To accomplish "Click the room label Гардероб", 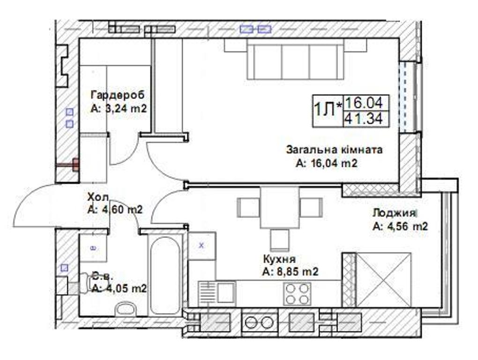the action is [117, 95].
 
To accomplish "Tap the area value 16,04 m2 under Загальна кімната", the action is [327, 164].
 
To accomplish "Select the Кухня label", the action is [279, 259].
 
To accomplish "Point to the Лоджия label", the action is [394, 213].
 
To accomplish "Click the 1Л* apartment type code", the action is [328, 110].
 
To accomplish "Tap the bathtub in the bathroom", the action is [165, 275].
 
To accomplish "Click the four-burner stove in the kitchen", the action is [297, 294].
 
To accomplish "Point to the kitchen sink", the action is [217, 294].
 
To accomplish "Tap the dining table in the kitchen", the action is [280, 207].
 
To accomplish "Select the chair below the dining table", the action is [280, 240].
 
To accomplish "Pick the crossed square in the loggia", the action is [383, 279].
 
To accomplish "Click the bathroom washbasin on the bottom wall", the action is [126, 309].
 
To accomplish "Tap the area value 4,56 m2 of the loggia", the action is [400, 226].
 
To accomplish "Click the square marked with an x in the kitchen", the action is [202, 245].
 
